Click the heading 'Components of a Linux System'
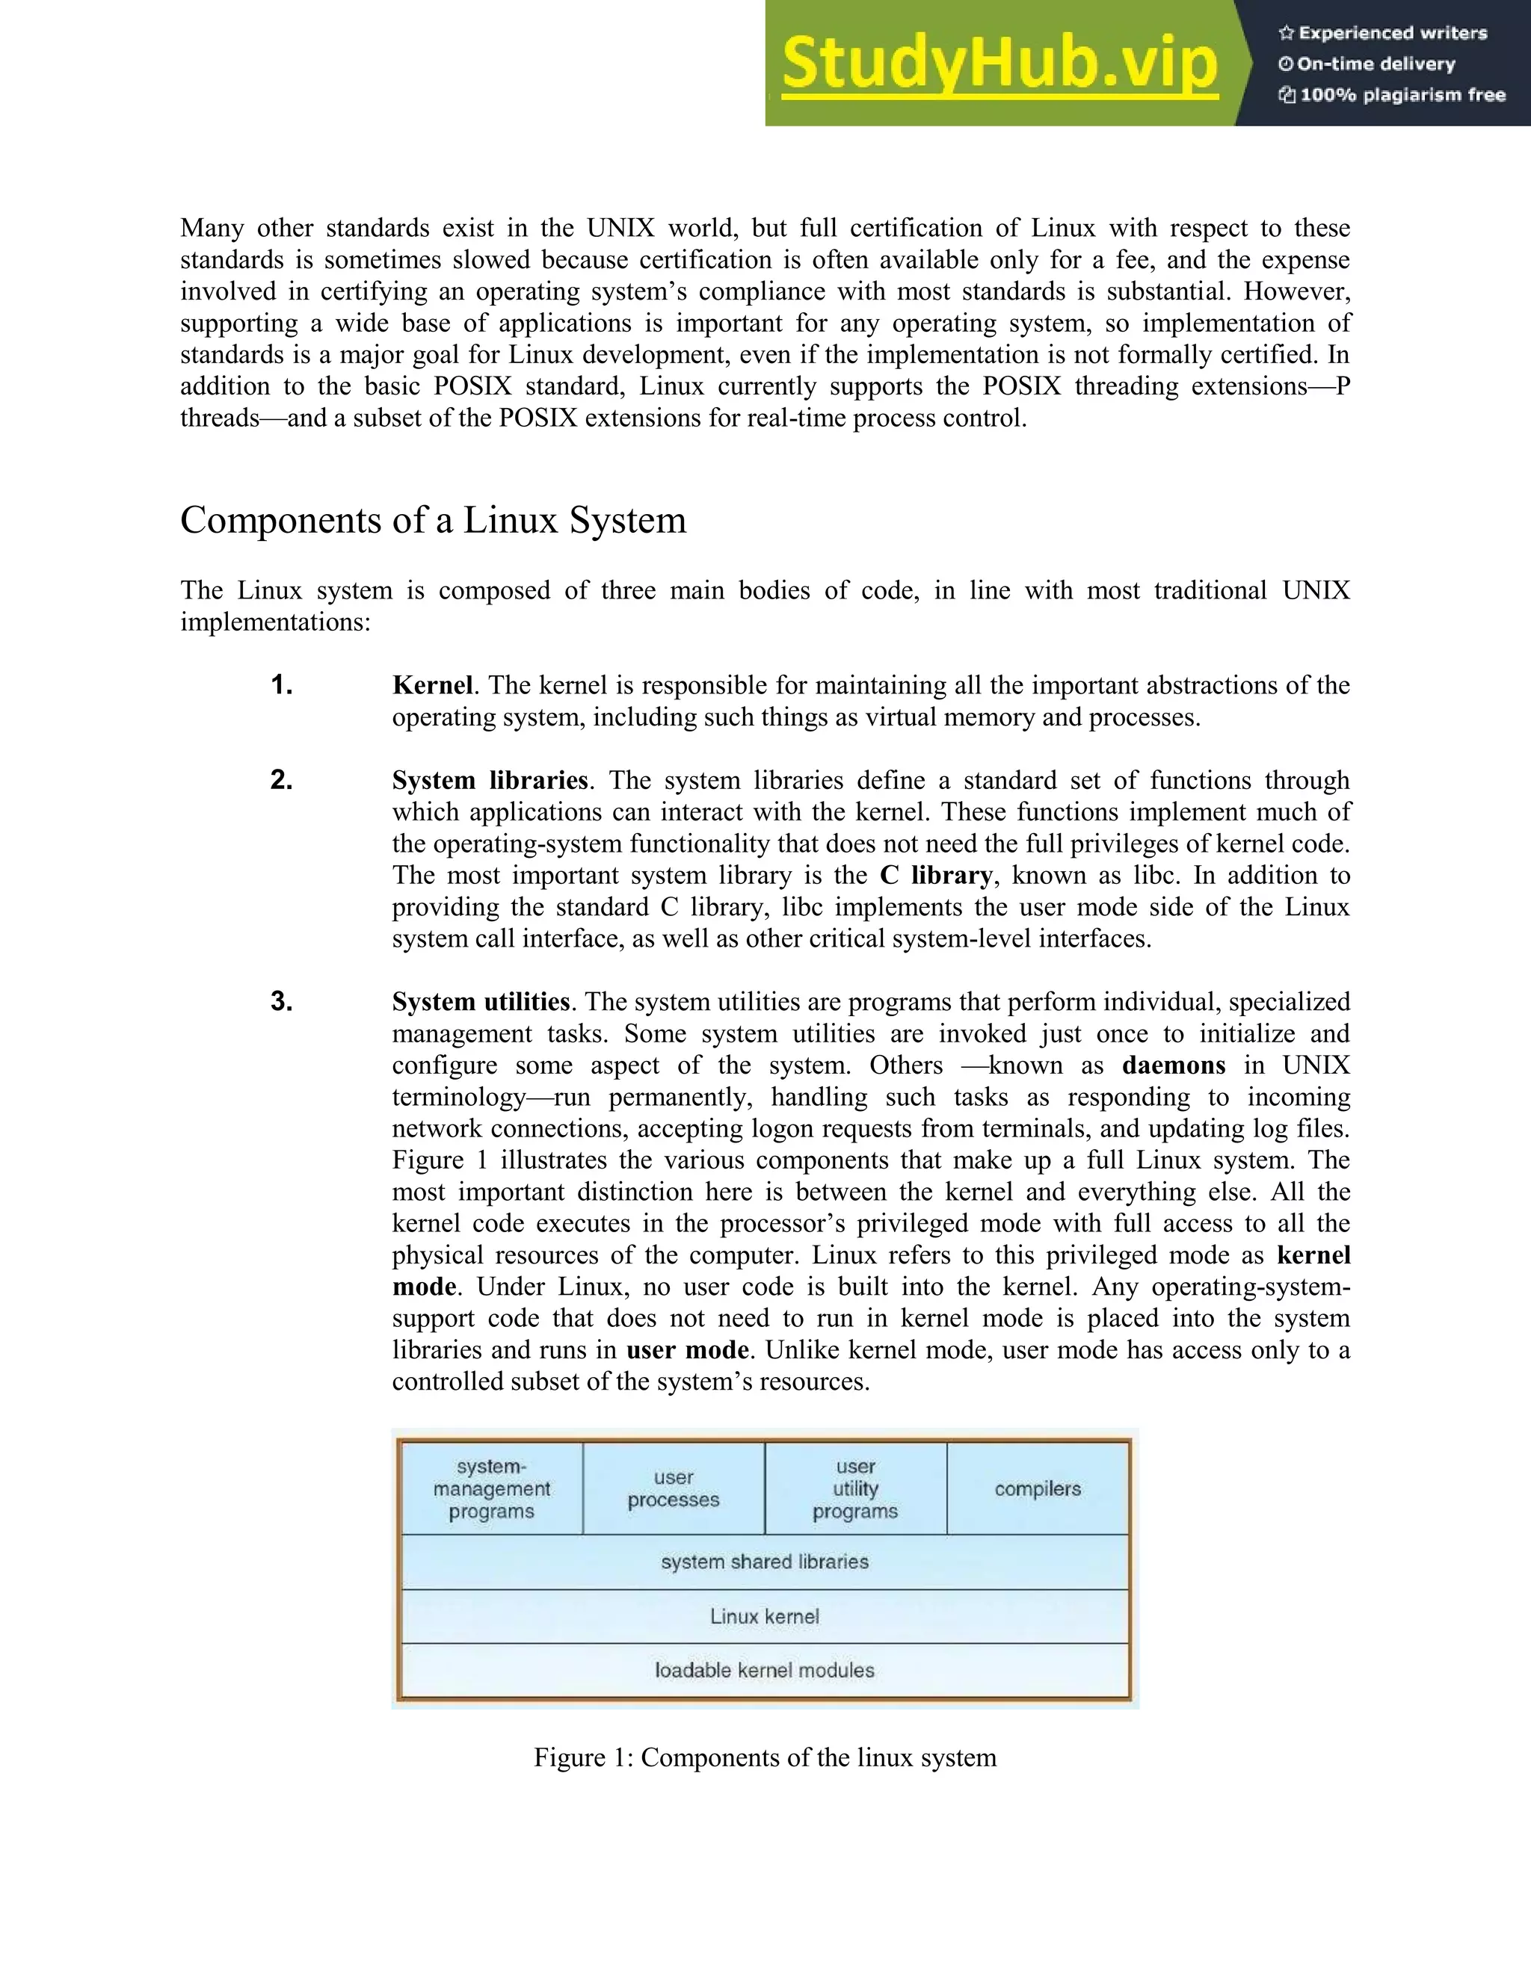pos(433,520)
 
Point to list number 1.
pos(281,685)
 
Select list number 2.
pos(281,781)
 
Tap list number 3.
pos(281,1002)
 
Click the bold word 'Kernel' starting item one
pos(432,685)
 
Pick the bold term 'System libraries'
pos(490,781)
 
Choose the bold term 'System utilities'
pos(481,1002)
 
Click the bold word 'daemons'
pos(1173,1065)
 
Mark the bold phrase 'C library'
pos(935,876)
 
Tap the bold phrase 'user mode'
pos(686,1350)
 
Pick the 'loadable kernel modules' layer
pos(765,1670)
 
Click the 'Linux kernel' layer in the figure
pos(765,1616)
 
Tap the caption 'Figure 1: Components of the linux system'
pos(765,1758)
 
